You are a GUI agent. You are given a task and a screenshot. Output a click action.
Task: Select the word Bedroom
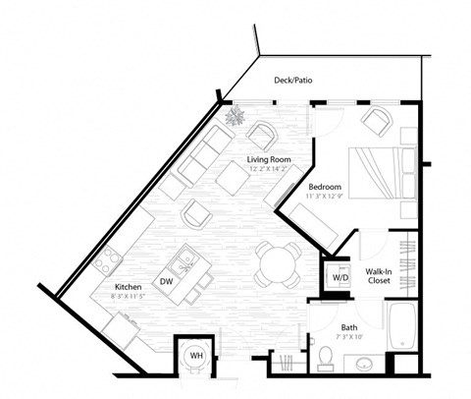[x=325, y=185]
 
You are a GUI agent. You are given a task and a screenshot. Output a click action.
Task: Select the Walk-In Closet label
[x=381, y=275]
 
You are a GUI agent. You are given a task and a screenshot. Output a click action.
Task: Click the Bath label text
[x=348, y=327]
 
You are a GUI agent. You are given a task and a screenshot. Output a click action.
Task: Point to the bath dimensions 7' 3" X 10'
[x=348, y=338]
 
